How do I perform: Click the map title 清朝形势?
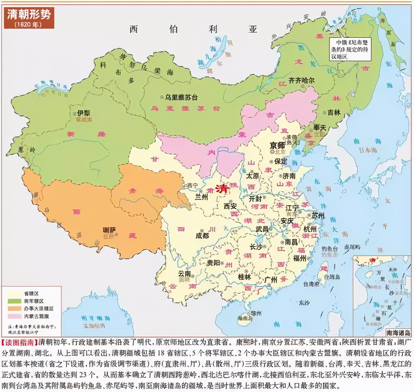click(x=29, y=15)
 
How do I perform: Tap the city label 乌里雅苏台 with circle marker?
click(x=181, y=97)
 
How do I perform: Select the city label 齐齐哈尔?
click(x=301, y=80)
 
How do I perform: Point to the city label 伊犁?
click(x=83, y=113)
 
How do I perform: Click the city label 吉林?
click(x=334, y=113)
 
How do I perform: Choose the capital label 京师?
click(x=278, y=146)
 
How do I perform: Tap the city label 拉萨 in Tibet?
click(x=109, y=230)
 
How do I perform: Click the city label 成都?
click(x=202, y=236)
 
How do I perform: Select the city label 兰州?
click(x=201, y=197)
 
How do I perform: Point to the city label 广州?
click(x=271, y=280)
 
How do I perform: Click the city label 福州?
click(x=300, y=258)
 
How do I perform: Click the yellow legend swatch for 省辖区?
click(x=15, y=294)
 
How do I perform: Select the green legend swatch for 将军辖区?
click(x=15, y=301)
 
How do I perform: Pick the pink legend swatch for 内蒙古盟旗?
click(x=15, y=316)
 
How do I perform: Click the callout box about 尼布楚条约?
click(x=349, y=49)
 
